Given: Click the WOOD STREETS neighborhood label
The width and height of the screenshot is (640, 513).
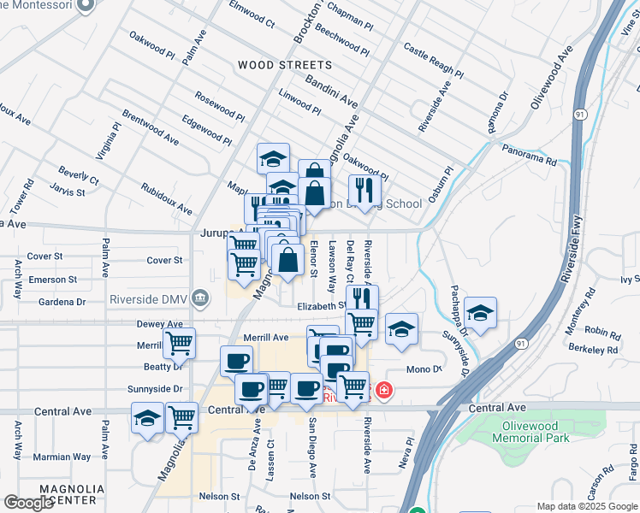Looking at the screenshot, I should click(284, 65).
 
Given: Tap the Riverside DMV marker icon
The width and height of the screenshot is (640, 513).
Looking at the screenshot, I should click(199, 298).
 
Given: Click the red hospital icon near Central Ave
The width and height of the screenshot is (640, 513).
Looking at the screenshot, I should click(384, 390).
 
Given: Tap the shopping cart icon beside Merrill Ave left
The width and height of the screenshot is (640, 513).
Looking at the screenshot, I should click(179, 343).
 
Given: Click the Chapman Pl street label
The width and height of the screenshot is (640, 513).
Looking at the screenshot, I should click(362, 12).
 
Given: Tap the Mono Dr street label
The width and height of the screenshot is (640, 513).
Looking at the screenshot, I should click(424, 369).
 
